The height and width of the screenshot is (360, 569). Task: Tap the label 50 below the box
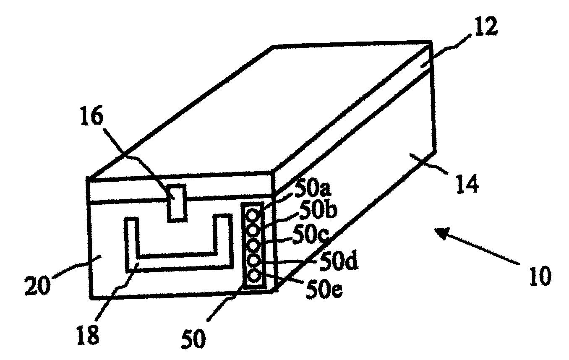tap(194, 338)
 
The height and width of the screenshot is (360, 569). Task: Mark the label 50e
tap(323, 290)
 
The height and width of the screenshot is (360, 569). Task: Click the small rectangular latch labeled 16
tap(176, 203)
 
